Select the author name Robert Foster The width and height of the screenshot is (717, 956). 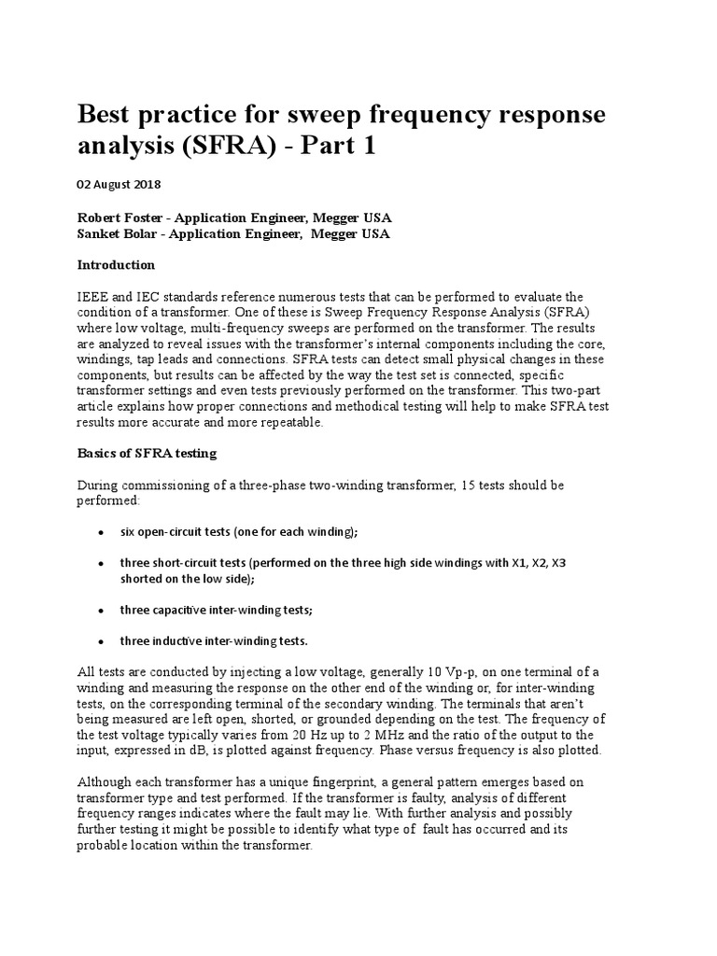pos(119,217)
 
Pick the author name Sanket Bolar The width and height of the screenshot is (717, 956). pos(117,233)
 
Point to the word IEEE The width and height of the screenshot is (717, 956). pos(91,296)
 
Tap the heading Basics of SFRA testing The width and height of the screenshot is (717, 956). pos(146,454)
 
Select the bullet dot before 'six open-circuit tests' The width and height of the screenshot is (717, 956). pos(100,532)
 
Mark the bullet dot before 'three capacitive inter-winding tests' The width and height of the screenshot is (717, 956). pos(100,611)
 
